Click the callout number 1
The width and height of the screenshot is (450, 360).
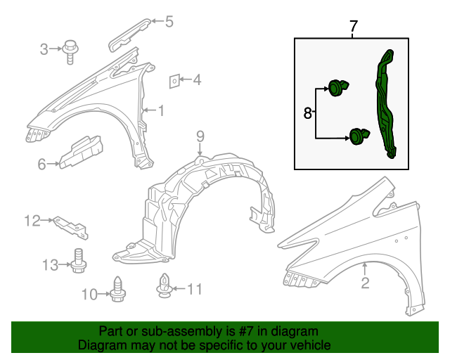click(161, 110)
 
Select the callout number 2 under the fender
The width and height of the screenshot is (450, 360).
click(365, 283)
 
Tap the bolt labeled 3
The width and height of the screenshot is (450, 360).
click(70, 51)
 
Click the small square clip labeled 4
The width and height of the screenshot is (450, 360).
click(173, 81)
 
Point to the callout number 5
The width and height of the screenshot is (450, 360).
click(169, 22)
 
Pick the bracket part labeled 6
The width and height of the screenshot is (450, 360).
click(81, 153)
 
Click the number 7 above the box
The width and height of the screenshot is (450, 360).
click(354, 27)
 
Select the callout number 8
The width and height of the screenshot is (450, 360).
click(308, 112)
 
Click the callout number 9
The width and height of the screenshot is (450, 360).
click(200, 135)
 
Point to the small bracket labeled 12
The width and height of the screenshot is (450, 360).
click(73, 224)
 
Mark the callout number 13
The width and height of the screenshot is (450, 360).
click(49, 264)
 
